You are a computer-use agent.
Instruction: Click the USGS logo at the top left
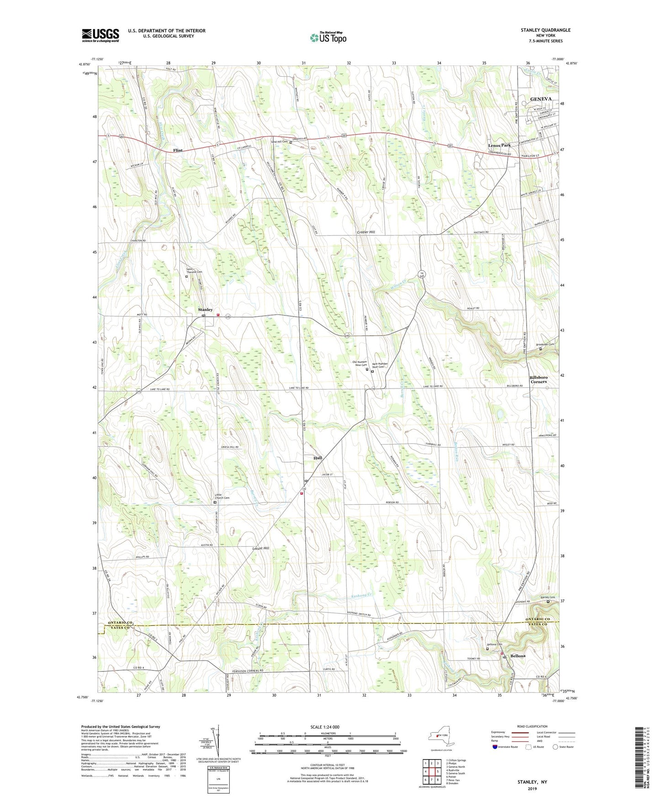click(100, 35)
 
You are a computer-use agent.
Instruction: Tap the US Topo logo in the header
click(328, 37)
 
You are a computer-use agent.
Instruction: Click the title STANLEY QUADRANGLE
click(545, 30)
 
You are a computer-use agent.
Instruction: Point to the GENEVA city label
click(540, 99)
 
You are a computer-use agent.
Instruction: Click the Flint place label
click(178, 150)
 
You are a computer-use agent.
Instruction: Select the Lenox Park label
click(499, 145)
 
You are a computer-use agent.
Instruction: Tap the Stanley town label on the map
click(205, 310)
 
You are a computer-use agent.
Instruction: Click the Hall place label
click(317, 458)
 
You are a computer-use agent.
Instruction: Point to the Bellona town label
click(518, 655)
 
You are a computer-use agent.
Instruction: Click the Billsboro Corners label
click(539, 379)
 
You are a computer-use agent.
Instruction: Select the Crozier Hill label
click(366, 232)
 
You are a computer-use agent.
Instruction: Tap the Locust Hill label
click(260, 548)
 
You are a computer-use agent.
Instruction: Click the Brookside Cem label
click(545, 344)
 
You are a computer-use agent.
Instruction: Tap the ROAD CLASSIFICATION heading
click(532, 726)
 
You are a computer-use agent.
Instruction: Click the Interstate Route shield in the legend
click(495, 747)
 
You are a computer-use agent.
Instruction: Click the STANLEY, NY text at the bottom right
click(532, 782)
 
